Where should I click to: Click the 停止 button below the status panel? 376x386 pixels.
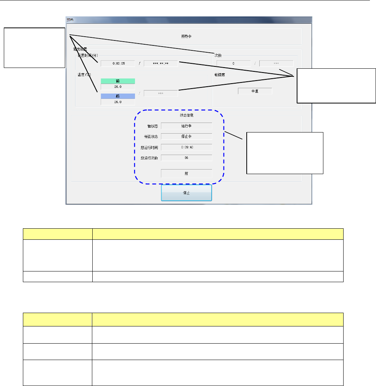point(186,193)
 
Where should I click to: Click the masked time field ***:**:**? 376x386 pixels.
point(161,63)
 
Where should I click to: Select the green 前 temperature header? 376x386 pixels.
point(117,81)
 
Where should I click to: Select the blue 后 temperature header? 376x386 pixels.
point(117,97)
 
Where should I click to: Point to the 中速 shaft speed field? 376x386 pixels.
point(255,91)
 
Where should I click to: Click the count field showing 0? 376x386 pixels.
point(233,63)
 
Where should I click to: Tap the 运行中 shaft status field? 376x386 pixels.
point(186,125)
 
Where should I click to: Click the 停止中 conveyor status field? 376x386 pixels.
point(186,136)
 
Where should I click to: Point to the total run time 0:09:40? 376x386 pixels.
point(186,147)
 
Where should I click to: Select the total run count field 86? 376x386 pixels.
point(186,157)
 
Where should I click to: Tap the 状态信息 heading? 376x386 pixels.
point(186,115)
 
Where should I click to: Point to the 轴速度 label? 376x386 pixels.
point(221,75)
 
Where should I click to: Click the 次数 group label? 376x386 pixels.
point(218,55)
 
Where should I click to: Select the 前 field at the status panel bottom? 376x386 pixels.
point(186,173)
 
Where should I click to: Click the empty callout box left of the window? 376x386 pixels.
point(34,47)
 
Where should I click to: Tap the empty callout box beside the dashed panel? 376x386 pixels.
point(285,153)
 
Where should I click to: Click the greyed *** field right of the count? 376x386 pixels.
point(276,63)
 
